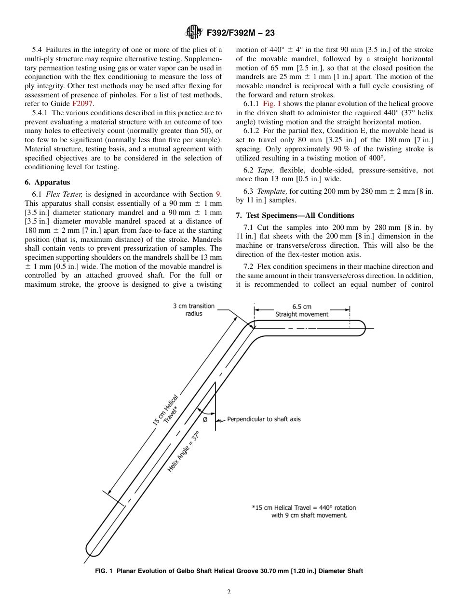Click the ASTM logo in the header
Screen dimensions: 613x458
point(194,33)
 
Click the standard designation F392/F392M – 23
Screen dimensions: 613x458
point(240,33)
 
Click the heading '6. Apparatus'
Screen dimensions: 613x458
point(47,182)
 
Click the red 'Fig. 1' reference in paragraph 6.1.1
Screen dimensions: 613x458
point(272,104)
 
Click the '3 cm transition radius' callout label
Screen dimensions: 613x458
point(194,310)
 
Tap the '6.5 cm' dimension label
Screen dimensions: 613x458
point(302,306)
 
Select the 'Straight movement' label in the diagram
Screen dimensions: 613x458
point(302,314)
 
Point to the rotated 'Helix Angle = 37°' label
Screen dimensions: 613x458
point(183,451)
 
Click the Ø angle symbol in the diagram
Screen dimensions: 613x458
point(205,420)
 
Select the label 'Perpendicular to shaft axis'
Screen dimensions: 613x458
point(264,419)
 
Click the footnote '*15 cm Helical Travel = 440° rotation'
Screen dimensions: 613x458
point(304,507)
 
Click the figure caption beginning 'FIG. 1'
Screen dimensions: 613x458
point(229,571)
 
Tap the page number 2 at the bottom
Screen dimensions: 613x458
point(229,592)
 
